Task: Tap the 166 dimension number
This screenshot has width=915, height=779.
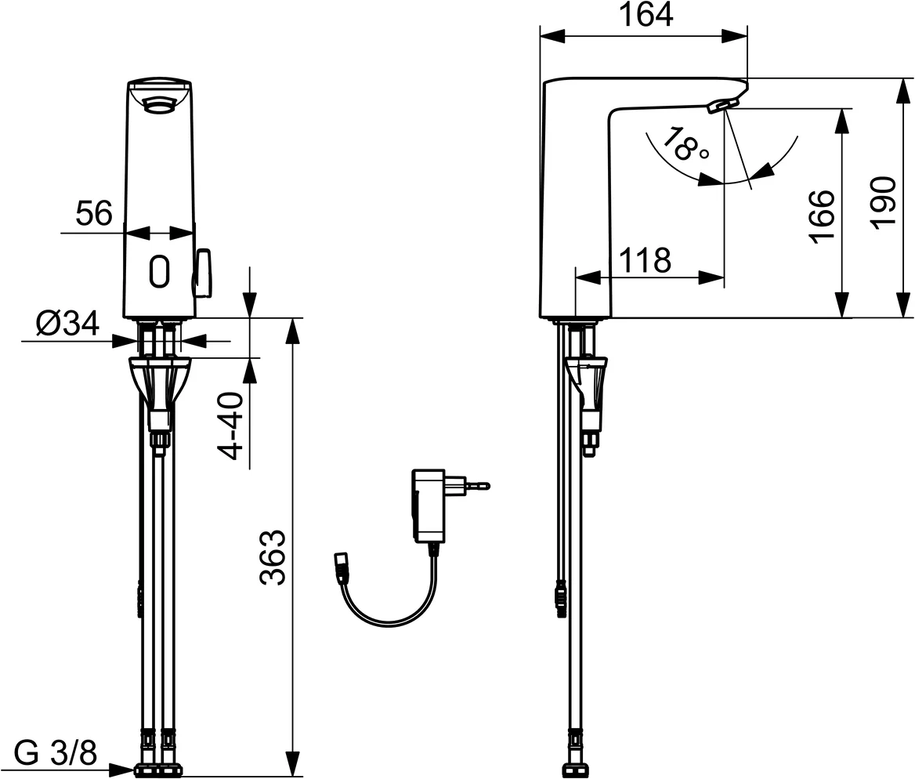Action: tap(822, 216)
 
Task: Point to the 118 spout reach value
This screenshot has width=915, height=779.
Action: tap(645, 259)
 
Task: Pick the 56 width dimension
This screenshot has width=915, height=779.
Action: tap(94, 213)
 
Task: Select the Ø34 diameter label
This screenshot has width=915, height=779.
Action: tap(67, 322)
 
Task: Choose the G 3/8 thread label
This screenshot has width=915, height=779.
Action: tap(56, 754)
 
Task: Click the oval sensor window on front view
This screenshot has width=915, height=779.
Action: tap(159, 271)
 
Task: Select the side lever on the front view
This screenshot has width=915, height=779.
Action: tap(204, 274)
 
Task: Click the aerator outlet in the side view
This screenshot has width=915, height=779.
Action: tap(722, 104)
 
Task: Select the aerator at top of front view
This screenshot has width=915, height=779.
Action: tap(159, 101)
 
